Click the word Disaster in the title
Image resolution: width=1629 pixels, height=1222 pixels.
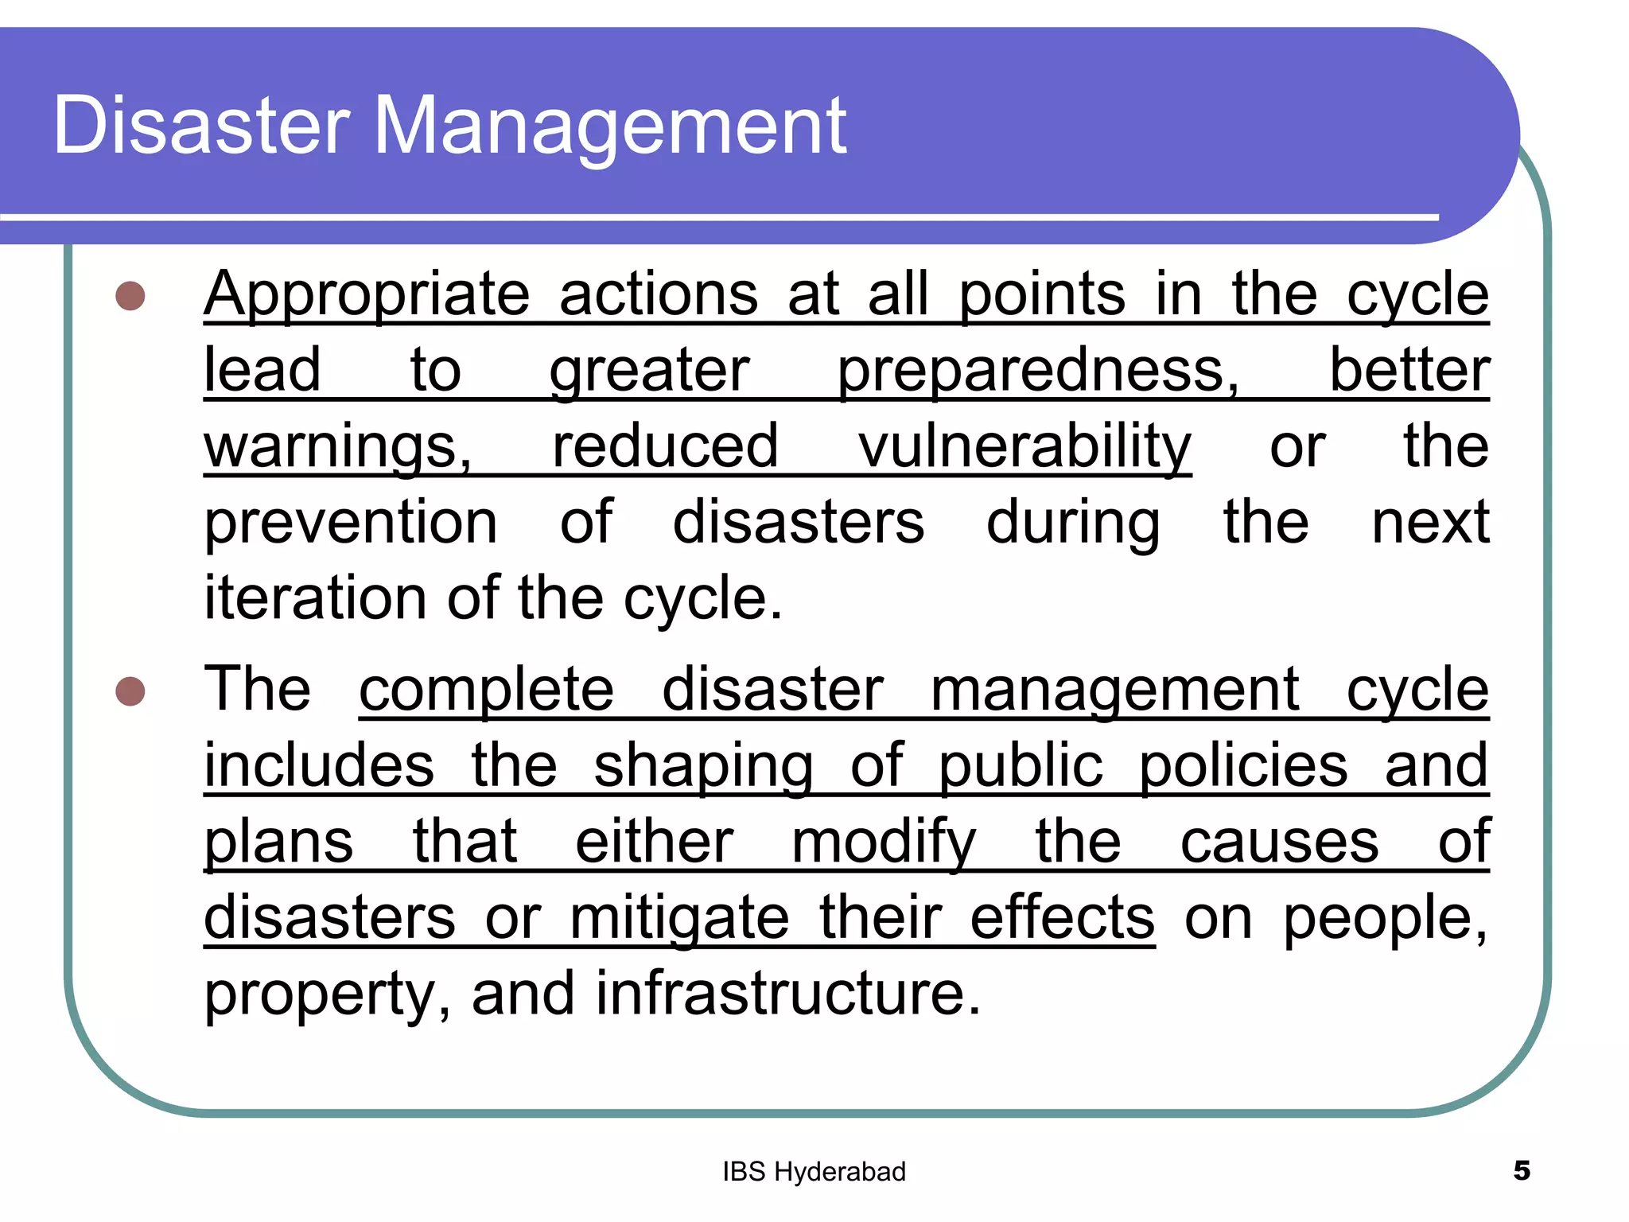pyautogui.click(x=201, y=126)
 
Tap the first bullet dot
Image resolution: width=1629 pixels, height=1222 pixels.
pyautogui.click(x=130, y=296)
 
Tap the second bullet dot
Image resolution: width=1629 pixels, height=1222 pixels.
pyautogui.click(x=130, y=691)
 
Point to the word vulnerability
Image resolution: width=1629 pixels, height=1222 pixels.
pyautogui.click(x=1024, y=448)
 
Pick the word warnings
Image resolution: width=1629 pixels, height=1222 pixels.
pyautogui.click(x=338, y=448)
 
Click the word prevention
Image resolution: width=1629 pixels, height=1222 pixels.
pyautogui.click(x=351, y=523)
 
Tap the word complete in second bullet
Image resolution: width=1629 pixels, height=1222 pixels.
pyautogui.click(x=486, y=690)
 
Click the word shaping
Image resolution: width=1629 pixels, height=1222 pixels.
pyautogui.click(x=703, y=766)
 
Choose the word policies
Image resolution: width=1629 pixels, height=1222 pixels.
pyautogui.click(x=1243, y=766)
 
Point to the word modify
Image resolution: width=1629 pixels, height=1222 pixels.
pyautogui.click(x=884, y=843)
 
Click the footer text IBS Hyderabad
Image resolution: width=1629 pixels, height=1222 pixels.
pyautogui.click(x=814, y=1172)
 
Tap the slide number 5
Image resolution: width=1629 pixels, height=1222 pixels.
pyautogui.click(x=1521, y=1171)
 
